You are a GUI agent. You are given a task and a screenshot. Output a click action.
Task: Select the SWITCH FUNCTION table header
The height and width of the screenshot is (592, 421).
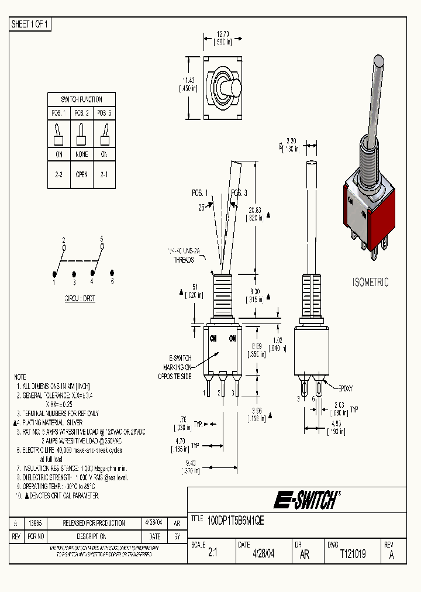click(82, 99)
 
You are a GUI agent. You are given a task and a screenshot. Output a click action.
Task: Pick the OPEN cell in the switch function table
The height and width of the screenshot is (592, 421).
click(82, 174)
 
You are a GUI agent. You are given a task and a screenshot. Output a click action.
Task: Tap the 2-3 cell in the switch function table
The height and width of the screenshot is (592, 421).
click(59, 174)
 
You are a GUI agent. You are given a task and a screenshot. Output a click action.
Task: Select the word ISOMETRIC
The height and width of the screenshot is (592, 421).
click(370, 282)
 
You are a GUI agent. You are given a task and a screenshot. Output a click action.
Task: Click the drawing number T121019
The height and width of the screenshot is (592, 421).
click(353, 554)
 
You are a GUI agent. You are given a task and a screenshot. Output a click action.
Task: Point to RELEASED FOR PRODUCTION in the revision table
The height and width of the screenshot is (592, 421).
click(94, 523)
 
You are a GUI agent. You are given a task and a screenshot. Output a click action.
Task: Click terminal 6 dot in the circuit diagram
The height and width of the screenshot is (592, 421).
click(112, 273)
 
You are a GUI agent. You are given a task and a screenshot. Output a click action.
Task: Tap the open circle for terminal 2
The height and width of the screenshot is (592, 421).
click(64, 246)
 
